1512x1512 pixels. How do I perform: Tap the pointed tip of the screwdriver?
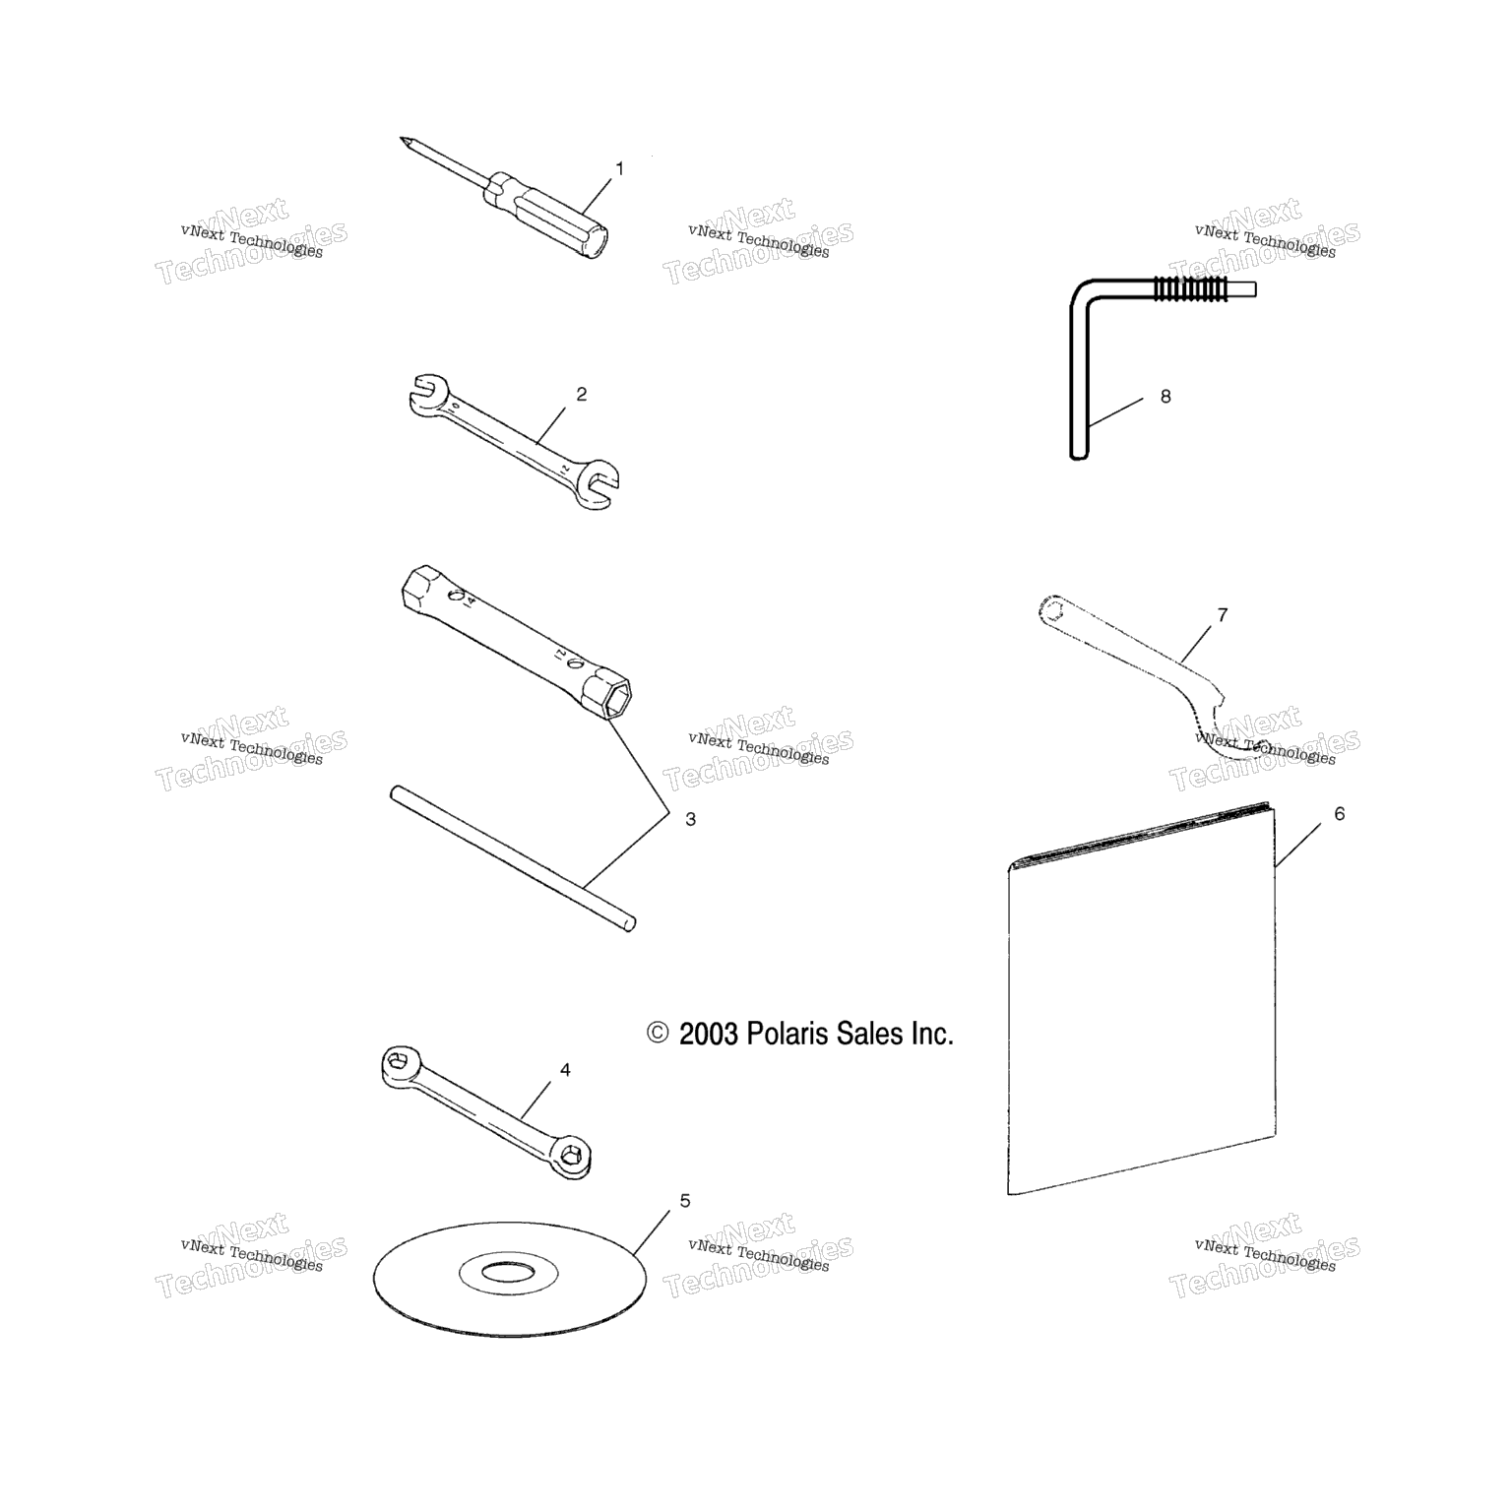click(403, 138)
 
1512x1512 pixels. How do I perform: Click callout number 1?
click(619, 169)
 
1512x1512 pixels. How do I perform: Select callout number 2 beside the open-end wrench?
click(582, 395)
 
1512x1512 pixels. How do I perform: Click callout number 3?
click(690, 819)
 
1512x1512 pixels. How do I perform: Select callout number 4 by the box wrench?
click(565, 1070)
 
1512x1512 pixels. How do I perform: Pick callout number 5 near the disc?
click(685, 1201)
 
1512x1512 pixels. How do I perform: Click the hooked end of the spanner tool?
click(1230, 733)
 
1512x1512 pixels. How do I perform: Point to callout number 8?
click(1165, 398)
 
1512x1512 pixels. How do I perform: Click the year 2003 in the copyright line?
click(708, 1034)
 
